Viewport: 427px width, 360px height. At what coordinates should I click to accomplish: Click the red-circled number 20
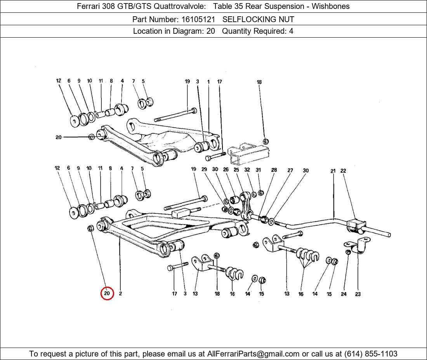[107, 294]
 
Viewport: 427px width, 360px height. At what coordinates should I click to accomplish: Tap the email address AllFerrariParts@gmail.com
[253, 354]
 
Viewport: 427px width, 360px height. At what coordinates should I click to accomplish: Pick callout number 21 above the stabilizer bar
[333, 171]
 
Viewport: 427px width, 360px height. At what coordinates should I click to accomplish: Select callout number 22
[343, 171]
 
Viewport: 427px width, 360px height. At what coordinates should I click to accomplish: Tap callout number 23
[358, 294]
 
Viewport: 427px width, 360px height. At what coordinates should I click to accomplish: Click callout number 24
[344, 294]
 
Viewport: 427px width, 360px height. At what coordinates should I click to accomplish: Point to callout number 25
[236, 170]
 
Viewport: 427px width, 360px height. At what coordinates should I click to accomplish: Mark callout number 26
[226, 170]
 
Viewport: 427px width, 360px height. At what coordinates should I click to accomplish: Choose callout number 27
[290, 170]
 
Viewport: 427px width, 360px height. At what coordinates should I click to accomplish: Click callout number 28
[274, 170]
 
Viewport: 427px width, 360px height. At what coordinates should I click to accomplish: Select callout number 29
[204, 169]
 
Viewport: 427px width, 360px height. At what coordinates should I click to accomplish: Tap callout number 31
[258, 170]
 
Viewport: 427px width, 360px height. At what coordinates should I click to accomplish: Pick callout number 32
[247, 170]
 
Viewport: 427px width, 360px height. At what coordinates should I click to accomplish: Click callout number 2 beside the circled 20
[120, 294]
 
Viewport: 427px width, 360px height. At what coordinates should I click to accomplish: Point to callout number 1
[208, 82]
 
